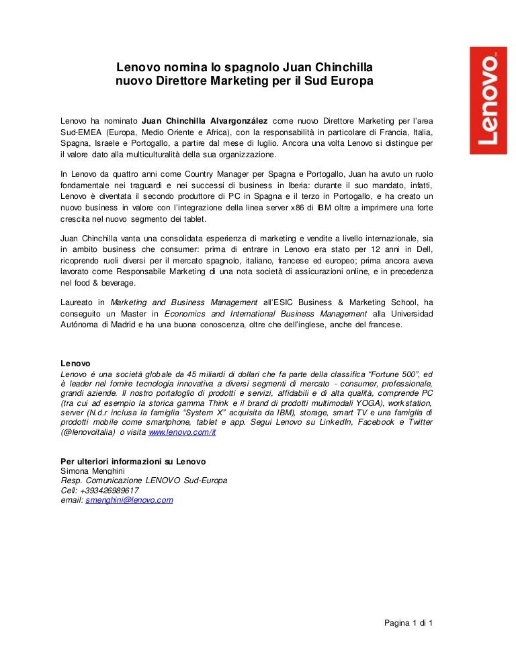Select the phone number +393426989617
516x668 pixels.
(x=109, y=491)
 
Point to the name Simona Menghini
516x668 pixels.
(x=87, y=471)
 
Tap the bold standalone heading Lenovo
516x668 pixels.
(x=75, y=364)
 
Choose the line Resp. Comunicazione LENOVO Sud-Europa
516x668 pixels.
(x=144, y=481)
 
